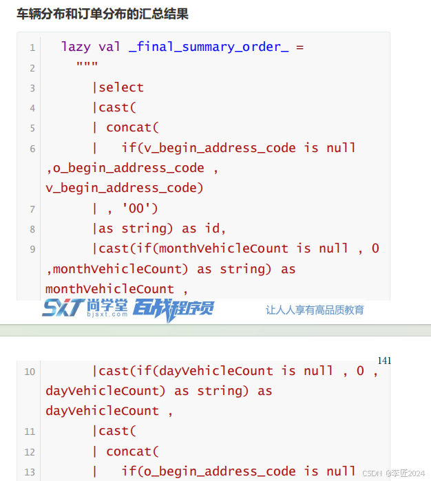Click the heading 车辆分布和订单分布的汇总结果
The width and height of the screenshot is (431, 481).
coord(103,14)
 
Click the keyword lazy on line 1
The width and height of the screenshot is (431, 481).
coord(76,47)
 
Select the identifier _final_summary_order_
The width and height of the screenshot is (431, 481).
coord(209,47)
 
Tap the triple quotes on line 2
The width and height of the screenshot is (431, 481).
coord(87,67)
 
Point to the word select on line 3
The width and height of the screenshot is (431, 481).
coord(121,87)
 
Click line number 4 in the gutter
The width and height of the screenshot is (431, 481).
coord(32,108)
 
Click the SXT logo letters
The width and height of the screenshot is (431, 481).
coord(63,308)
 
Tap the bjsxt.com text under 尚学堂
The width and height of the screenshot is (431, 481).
coord(107,314)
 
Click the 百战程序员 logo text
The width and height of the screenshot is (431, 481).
coord(174,308)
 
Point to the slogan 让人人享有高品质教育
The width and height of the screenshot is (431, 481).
coord(315,310)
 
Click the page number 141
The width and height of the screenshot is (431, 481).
coord(384,361)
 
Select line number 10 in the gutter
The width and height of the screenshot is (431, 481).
coord(30,372)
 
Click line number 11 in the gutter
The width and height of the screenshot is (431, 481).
coord(30,431)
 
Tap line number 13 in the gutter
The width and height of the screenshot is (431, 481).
coord(30,472)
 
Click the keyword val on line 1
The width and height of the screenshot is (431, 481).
coord(109,47)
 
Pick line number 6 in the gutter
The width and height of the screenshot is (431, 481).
coord(32,149)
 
